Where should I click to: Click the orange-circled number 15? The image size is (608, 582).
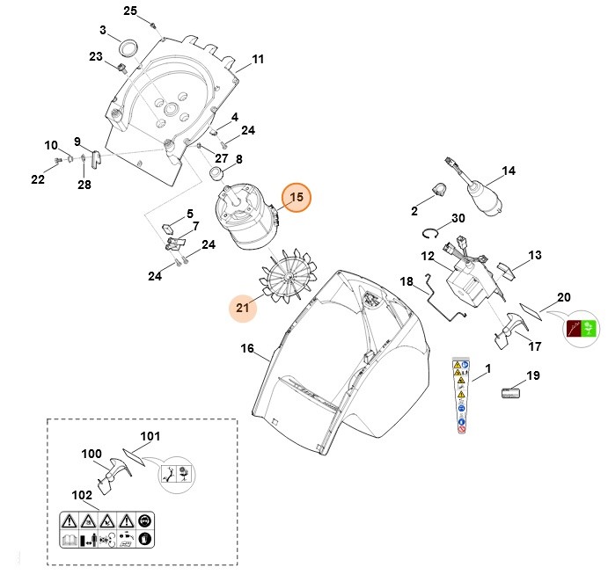click(297, 198)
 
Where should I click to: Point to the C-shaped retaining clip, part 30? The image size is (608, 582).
click(430, 233)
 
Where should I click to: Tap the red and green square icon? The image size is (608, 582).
click(580, 331)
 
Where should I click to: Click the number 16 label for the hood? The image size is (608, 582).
click(247, 349)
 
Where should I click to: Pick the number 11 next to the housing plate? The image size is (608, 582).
click(258, 60)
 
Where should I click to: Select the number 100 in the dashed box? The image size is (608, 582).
click(92, 454)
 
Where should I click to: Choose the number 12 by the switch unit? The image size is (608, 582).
click(428, 257)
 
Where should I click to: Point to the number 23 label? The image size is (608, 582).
click(96, 56)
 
